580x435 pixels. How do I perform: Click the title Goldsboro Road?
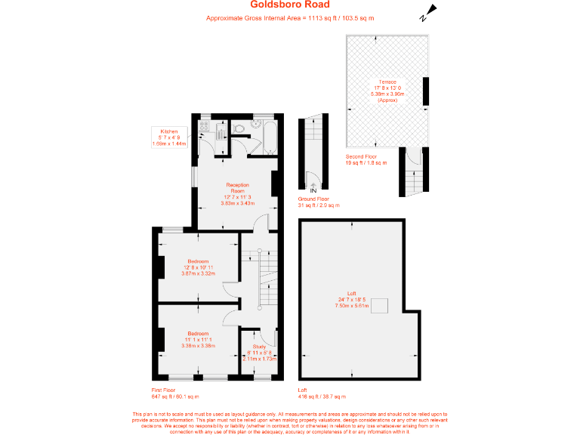click(x=290, y=5)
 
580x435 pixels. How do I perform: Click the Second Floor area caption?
click(x=366, y=160)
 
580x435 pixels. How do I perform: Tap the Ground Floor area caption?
click(x=318, y=202)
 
